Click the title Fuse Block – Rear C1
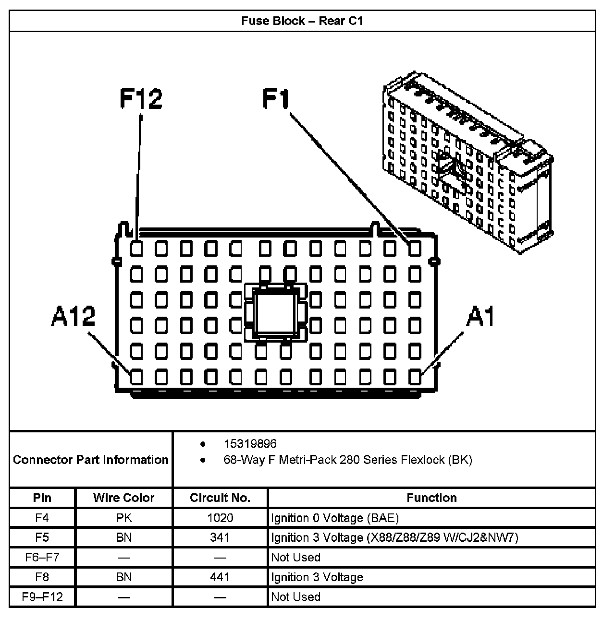[x=302, y=21]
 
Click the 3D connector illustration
[x=468, y=163]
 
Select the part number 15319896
[x=250, y=444]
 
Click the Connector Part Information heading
[x=91, y=460]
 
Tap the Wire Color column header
[x=123, y=498]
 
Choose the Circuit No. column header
[x=220, y=498]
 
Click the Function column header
[x=431, y=498]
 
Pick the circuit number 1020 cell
[x=220, y=518]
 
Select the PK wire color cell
[x=123, y=518]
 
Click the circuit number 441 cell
[x=220, y=577]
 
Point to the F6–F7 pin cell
[x=42, y=557]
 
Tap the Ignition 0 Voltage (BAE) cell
[x=335, y=518]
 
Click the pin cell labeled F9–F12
[x=42, y=597]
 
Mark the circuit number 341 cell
[x=220, y=537]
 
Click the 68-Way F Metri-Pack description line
[x=347, y=460]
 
